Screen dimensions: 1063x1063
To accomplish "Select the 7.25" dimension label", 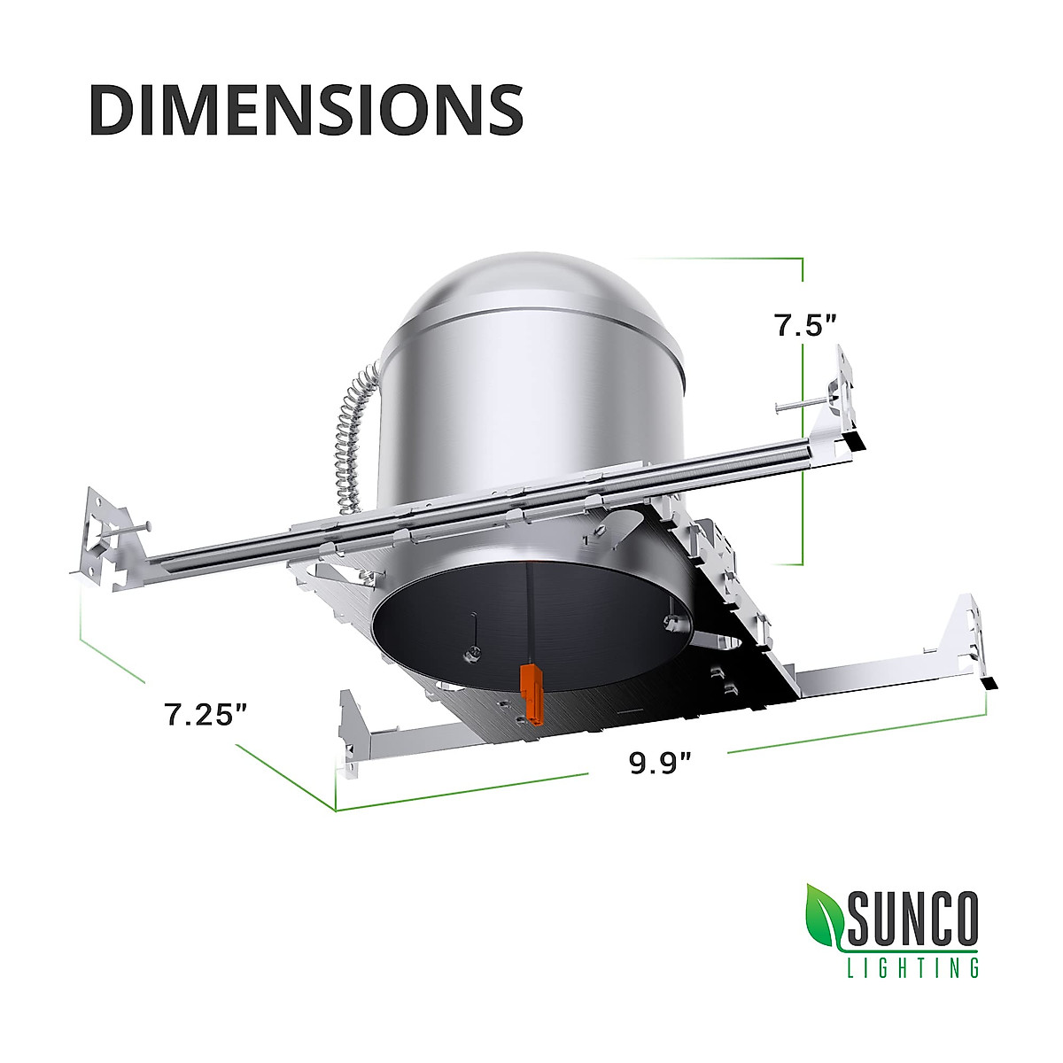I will click(204, 714).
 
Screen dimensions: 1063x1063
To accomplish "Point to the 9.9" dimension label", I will click(660, 763).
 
